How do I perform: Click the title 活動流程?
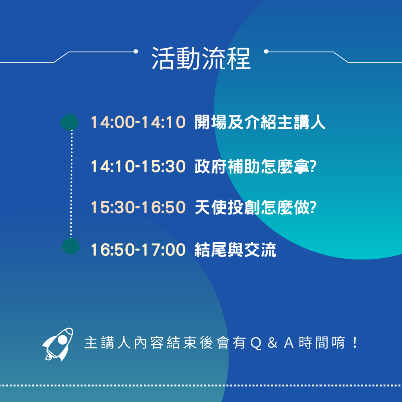(201, 58)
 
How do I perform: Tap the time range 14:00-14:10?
(138, 122)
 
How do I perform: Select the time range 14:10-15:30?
(138, 166)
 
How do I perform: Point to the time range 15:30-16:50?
(138, 207)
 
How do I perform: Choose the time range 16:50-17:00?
(138, 250)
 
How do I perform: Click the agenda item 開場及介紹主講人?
(260, 122)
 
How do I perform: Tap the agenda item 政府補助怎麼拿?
(256, 166)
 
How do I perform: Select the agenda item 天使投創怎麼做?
(256, 207)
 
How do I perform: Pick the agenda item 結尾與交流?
(235, 250)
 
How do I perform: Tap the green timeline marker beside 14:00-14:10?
(70, 122)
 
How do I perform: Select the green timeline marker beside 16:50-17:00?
(71, 246)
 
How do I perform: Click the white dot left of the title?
(136, 51)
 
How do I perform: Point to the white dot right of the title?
(266, 51)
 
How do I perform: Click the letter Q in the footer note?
(256, 343)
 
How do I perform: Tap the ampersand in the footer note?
(272, 343)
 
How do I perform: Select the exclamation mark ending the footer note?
(355, 343)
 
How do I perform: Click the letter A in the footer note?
(289, 343)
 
